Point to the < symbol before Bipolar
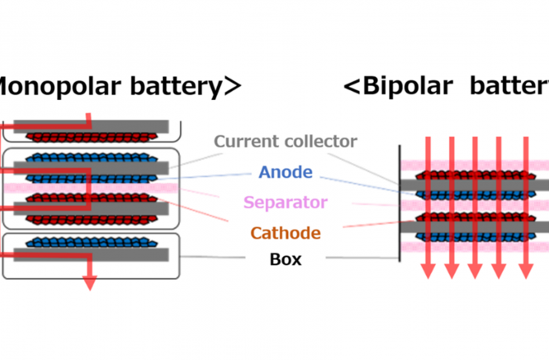pos(352,87)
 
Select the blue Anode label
pos(285,173)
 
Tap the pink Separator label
pos(285,201)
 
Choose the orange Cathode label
pos(285,233)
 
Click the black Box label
pos(285,260)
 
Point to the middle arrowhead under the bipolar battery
pos(475,271)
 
